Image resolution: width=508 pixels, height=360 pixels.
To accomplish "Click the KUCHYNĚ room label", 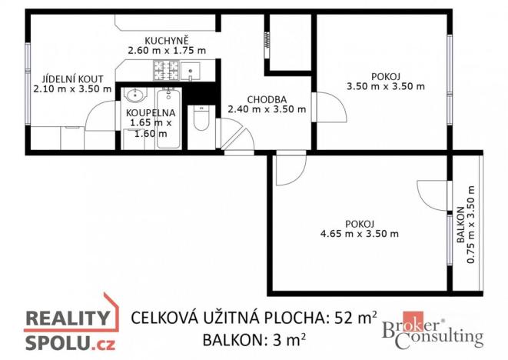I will [168, 40].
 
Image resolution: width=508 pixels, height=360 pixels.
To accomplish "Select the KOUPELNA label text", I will [151, 112].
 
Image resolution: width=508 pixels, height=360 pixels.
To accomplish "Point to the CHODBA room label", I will [267, 99].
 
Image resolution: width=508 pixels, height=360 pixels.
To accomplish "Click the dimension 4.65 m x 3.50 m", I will [360, 233].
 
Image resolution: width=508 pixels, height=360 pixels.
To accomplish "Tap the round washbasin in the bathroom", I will [135, 97].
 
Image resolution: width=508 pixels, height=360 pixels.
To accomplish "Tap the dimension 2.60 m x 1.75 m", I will [167, 51].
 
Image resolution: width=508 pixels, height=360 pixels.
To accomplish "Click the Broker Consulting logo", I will [433, 332].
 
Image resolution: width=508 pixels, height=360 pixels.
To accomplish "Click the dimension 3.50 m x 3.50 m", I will [385, 86].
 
